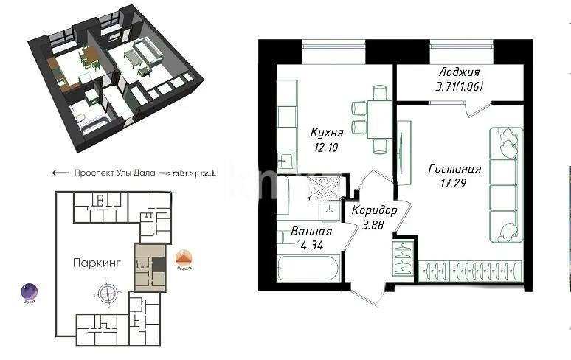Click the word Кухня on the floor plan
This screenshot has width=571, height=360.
(326, 133)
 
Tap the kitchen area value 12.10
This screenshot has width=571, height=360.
(326, 146)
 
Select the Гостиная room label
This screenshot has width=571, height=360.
(454, 169)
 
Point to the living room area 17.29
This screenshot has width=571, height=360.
(454, 182)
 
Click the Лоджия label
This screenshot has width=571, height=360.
(459, 72)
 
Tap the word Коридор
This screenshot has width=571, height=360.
(374, 210)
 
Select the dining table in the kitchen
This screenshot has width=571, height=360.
(380, 118)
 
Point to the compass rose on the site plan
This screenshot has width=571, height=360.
(108, 293)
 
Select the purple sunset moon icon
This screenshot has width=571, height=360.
(29, 292)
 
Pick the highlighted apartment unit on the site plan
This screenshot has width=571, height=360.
(150, 266)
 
